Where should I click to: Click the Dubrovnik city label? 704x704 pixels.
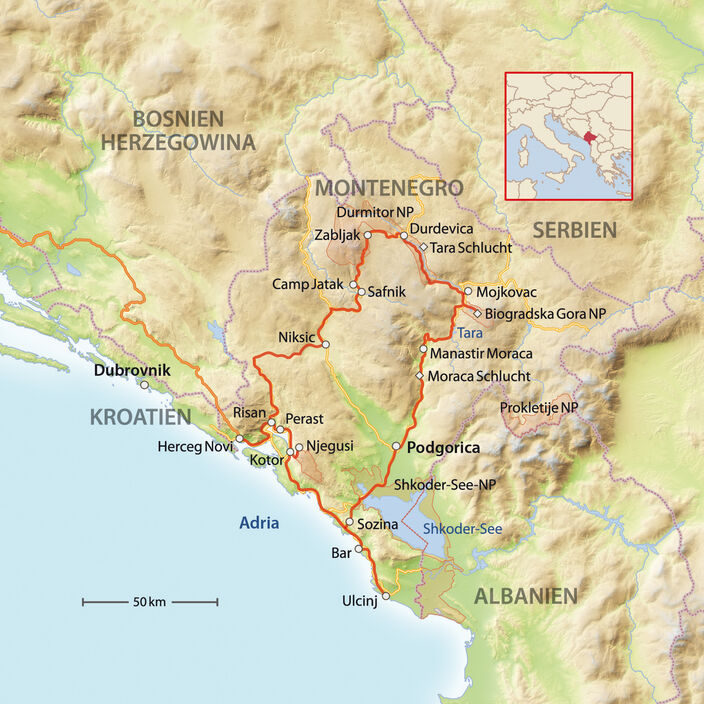pos(132,370)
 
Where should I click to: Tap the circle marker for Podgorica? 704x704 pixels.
pos(397,446)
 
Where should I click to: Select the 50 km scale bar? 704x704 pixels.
pos(150,602)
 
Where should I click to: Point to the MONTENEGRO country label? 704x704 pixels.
pos(389,188)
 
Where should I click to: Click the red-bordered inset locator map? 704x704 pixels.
pos(568,136)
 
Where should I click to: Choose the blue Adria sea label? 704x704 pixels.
pos(259,522)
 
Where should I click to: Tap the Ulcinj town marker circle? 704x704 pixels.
pos(386,596)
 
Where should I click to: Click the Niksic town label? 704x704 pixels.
pos(296,337)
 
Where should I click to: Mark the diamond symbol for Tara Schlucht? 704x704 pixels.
pos(424,247)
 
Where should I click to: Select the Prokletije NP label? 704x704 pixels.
pos(539,408)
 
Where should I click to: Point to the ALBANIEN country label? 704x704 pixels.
pos(525,596)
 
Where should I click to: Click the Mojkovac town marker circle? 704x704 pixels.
pos(467,291)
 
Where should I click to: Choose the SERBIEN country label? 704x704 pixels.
pos(574,229)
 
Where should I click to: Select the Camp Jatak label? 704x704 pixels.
pos(308,285)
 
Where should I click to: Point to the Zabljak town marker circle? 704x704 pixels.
pos(368,235)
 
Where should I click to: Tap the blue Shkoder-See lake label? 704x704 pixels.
pos(461,528)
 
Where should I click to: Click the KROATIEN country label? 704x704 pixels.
pos(140,417)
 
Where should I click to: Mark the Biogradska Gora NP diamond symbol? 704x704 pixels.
pos(477,312)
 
